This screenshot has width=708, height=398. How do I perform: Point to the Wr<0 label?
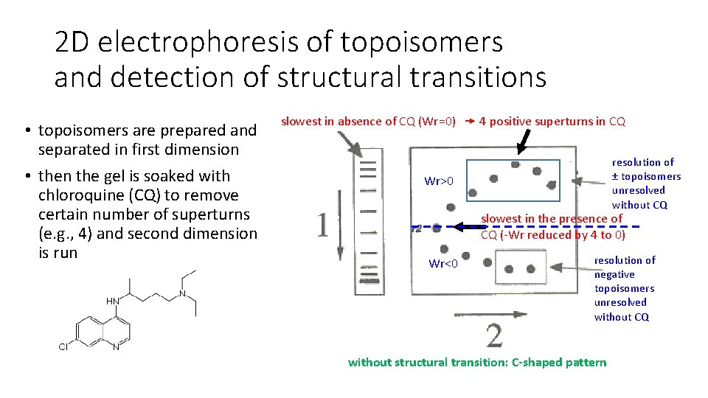444,264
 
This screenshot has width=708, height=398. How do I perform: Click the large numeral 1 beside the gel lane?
322,225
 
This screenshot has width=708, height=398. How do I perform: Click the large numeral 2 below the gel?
494,335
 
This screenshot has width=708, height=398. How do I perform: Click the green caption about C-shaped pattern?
477,362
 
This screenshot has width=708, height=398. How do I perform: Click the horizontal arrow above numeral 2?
490,315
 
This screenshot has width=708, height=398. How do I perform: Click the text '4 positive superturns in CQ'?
552,122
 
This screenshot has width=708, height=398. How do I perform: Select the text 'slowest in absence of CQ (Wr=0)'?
368,122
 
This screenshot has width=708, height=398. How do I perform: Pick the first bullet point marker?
26,131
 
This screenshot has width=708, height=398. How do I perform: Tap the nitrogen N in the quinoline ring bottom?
116,346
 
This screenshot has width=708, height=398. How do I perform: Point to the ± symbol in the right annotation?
616,176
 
